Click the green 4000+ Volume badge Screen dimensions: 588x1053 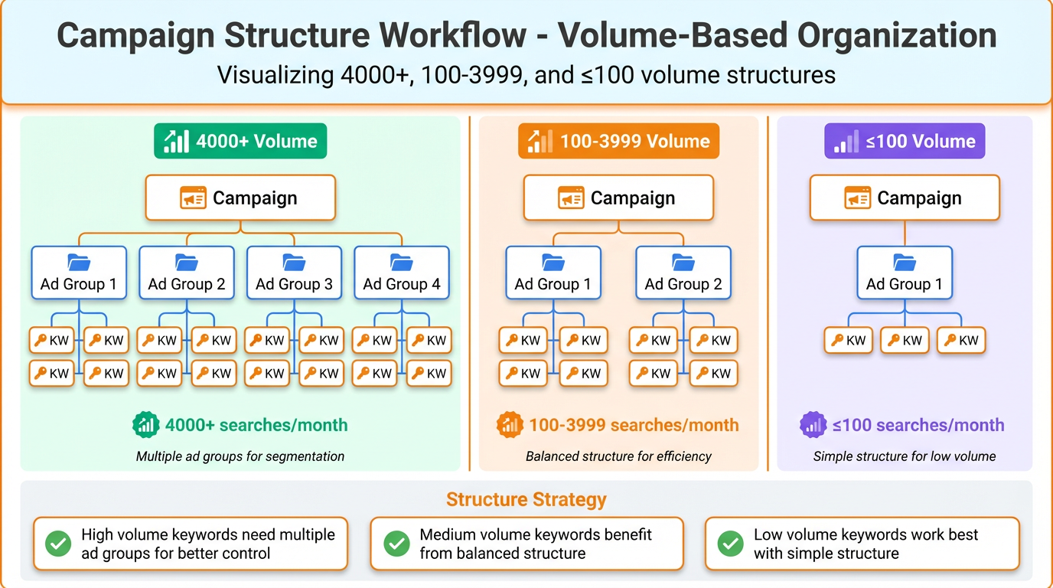tap(240, 142)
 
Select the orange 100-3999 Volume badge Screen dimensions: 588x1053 tap(618, 142)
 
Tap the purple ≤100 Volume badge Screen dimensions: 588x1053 tap(905, 142)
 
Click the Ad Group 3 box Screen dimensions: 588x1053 tap(295, 272)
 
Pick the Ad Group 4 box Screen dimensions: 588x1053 tap(402, 272)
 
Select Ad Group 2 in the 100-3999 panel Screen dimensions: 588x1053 tap(683, 272)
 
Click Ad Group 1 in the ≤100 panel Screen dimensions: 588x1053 tap(905, 272)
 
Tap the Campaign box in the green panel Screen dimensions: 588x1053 tap(240, 198)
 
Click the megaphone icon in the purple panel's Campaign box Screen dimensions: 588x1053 tap(858, 198)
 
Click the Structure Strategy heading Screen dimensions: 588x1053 tap(526, 500)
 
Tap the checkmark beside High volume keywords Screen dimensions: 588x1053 tap(58, 544)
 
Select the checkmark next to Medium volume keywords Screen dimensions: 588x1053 tap(396, 544)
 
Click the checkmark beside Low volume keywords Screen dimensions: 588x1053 tap(730, 544)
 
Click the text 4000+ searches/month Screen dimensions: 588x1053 tap(256, 425)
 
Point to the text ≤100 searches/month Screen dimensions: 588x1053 tap(918, 425)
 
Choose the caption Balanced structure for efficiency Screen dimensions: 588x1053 tap(618, 456)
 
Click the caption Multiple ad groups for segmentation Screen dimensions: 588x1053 tap(240, 456)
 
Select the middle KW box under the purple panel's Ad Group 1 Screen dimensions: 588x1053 tap(905, 341)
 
